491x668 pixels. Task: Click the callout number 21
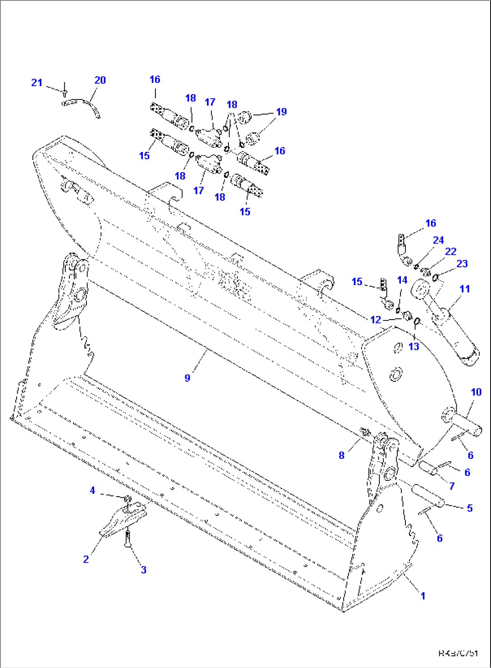(x=36, y=82)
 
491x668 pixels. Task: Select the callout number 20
(x=100, y=80)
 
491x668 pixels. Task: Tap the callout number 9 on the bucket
(x=187, y=378)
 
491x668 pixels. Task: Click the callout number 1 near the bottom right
(x=423, y=595)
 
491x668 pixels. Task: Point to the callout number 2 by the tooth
(x=86, y=559)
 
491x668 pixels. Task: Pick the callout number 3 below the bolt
(x=143, y=570)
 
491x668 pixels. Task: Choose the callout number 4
(x=92, y=490)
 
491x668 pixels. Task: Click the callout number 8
(x=341, y=455)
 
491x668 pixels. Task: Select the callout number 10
(x=476, y=392)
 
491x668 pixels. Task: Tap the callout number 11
(x=464, y=289)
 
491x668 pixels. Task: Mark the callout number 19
(x=282, y=112)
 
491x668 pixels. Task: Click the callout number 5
(x=469, y=508)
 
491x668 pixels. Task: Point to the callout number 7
(x=452, y=486)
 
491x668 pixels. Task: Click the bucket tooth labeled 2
(x=121, y=521)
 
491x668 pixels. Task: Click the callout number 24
(x=438, y=240)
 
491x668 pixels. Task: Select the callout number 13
(x=414, y=346)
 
